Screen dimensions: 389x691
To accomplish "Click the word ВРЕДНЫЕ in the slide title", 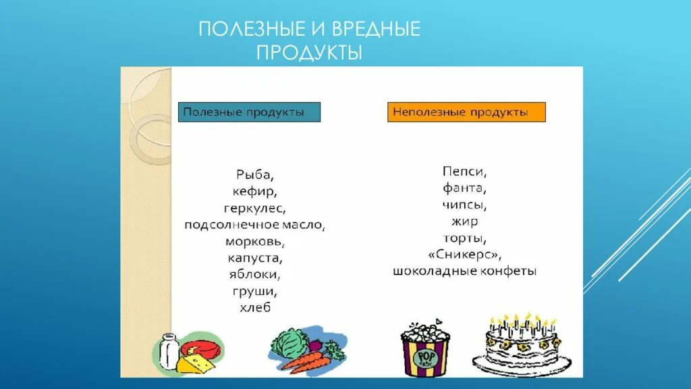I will pyautogui.click(x=366, y=29).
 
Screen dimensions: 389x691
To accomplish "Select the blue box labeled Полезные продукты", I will pyautogui.click(x=249, y=112).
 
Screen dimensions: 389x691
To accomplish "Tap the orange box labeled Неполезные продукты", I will pyautogui.click(x=466, y=112).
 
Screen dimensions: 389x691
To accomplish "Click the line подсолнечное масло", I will pyautogui.click(x=255, y=225).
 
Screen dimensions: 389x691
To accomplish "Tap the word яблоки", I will pyautogui.click(x=255, y=275).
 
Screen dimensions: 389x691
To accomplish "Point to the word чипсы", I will pyautogui.click(x=465, y=205).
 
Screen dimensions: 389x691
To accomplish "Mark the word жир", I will pyautogui.click(x=465, y=222).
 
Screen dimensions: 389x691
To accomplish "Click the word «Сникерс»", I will pyautogui.click(x=465, y=255).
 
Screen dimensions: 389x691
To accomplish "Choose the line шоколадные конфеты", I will pyautogui.click(x=465, y=271).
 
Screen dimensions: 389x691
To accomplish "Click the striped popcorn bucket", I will pyautogui.click(x=425, y=351).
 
